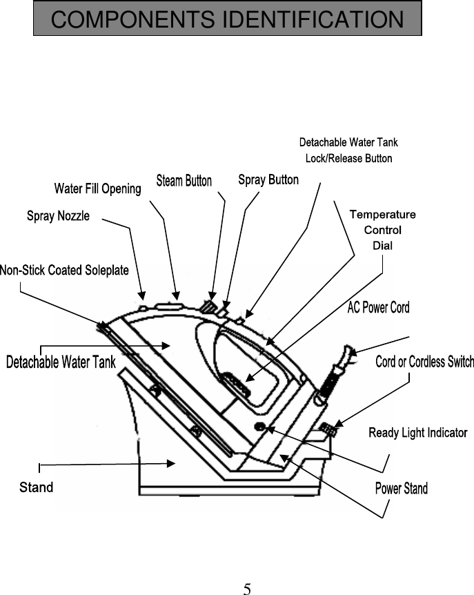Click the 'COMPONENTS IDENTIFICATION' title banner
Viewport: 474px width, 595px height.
pos(227,19)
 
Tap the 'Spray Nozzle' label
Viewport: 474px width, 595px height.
pos(58,216)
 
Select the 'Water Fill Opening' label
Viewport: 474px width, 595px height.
pos(97,188)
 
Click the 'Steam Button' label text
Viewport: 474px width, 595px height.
pos(184,181)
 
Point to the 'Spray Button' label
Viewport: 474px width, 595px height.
pos(268,180)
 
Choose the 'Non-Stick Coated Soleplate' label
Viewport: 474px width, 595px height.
pos(64,270)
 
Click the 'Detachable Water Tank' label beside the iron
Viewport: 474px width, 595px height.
pos(61,362)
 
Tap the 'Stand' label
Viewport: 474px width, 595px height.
pos(36,487)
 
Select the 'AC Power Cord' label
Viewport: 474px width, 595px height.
pos(378,308)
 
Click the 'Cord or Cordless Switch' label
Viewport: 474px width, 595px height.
pos(424,362)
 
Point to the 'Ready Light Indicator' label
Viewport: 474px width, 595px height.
pos(417,433)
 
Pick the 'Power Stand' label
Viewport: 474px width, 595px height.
pos(401,489)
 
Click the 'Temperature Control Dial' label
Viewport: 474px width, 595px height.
pos(382,230)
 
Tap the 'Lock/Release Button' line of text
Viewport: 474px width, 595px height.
pos(348,159)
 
